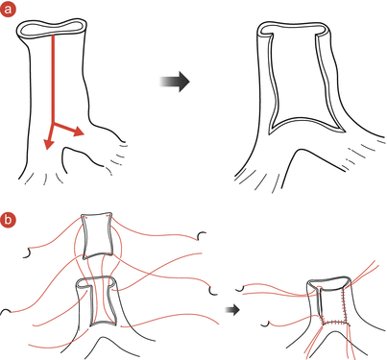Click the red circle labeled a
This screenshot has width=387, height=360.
(x=10, y=10)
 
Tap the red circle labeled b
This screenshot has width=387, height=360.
(x=10, y=218)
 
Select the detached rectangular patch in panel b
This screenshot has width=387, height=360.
(x=96, y=236)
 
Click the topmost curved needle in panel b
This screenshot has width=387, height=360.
(x=202, y=236)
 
